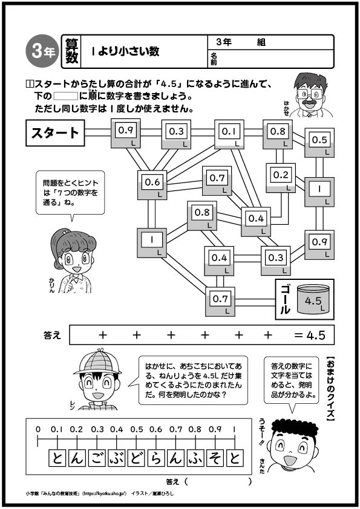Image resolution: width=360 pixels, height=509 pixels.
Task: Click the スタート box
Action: [55, 133]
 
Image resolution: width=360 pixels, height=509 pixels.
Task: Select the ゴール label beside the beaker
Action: [284, 299]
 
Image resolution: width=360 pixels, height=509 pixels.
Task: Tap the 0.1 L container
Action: [229, 134]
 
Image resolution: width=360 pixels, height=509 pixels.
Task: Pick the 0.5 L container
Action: [319, 143]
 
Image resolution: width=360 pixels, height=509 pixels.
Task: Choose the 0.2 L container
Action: [281, 178]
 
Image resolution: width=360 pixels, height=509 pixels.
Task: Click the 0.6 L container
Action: [152, 185]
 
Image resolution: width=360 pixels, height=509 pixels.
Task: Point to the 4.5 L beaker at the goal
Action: [313, 299]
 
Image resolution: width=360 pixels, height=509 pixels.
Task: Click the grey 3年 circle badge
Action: [42, 51]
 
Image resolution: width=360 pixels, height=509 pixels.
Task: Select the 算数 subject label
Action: [72, 51]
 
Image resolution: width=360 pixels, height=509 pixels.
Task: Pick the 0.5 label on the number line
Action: [137, 429]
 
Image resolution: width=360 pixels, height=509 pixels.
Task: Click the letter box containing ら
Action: [156, 458]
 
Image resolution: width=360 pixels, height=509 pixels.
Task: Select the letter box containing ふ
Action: [195, 458]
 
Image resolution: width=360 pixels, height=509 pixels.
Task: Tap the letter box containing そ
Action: [215, 458]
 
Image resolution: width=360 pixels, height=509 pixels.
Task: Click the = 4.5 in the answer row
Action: [309, 335]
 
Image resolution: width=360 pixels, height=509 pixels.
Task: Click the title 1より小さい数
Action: [125, 51]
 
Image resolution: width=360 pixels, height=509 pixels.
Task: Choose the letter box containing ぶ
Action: [116, 458]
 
